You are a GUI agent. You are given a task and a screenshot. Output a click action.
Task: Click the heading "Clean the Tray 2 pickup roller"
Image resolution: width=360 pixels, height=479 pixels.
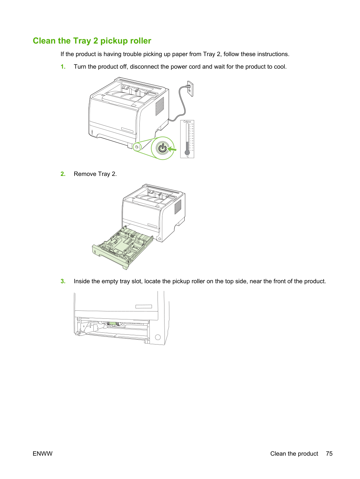[92, 41]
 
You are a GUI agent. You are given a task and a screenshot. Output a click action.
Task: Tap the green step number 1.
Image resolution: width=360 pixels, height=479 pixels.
[63, 67]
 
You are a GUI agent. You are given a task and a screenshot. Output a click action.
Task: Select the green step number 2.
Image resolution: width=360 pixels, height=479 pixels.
[63, 174]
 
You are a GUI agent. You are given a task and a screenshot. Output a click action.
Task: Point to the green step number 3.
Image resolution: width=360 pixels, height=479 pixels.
[63, 281]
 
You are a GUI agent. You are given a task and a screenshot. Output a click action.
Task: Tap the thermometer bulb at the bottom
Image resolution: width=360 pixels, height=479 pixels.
[187, 152]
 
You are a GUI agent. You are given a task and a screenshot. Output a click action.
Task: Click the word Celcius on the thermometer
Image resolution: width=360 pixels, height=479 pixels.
[187, 122]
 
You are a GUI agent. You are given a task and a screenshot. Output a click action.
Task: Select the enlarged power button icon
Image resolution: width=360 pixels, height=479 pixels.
[162, 148]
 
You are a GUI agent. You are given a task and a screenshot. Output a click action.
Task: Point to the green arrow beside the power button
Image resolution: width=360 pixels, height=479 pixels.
[171, 149]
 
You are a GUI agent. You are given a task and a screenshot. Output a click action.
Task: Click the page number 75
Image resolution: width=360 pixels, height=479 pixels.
[329, 454]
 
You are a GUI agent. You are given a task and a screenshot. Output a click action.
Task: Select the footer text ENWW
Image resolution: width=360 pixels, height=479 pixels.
[43, 454]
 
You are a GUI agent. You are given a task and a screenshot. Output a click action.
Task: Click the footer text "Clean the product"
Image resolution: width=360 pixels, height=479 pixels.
[294, 454]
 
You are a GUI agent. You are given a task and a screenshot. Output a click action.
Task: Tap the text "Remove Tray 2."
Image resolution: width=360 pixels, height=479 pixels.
[95, 174]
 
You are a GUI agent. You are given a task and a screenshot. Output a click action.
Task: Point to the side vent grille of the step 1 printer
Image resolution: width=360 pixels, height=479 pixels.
[160, 106]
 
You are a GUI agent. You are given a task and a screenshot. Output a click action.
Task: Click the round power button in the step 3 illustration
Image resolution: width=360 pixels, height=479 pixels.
[158, 337]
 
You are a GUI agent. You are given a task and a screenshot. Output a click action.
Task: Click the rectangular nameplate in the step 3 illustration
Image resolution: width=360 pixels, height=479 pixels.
[144, 306]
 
